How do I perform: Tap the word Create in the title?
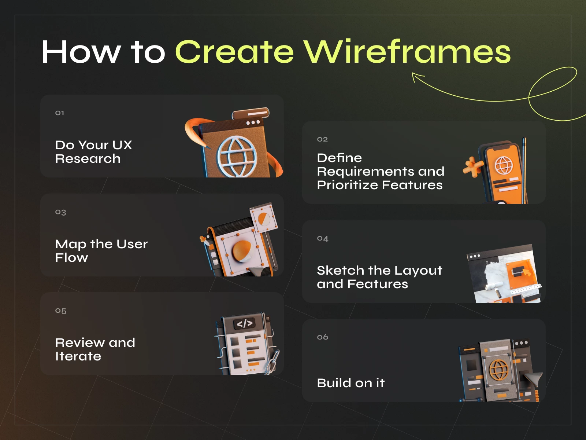tap(234, 52)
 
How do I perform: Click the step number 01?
tap(60, 113)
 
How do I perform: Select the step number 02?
tap(322, 139)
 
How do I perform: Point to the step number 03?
tap(60, 212)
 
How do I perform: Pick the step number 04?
tap(323, 239)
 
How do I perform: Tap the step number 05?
tap(61, 311)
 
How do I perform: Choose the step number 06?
tap(323, 337)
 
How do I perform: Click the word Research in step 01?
tap(88, 159)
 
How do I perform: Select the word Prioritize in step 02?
tap(348, 185)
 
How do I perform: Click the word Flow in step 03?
tap(71, 258)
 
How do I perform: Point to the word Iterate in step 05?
tap(78, 356)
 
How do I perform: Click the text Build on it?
tap(351, 383)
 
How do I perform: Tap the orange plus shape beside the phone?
tap(473, 167)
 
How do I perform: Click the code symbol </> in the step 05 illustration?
tap(245, 323)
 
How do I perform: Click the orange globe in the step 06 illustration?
tap(499, 370)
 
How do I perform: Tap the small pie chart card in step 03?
tap(264, 219)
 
